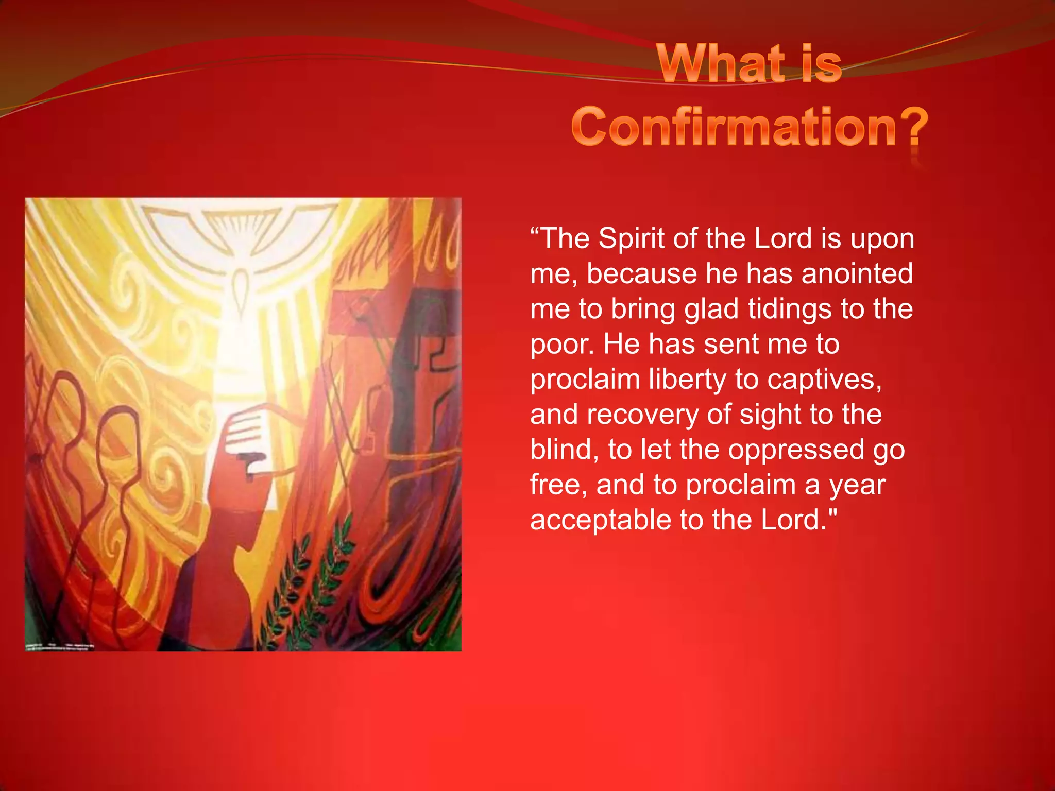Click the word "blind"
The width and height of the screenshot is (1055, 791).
[x=564, y=450]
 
